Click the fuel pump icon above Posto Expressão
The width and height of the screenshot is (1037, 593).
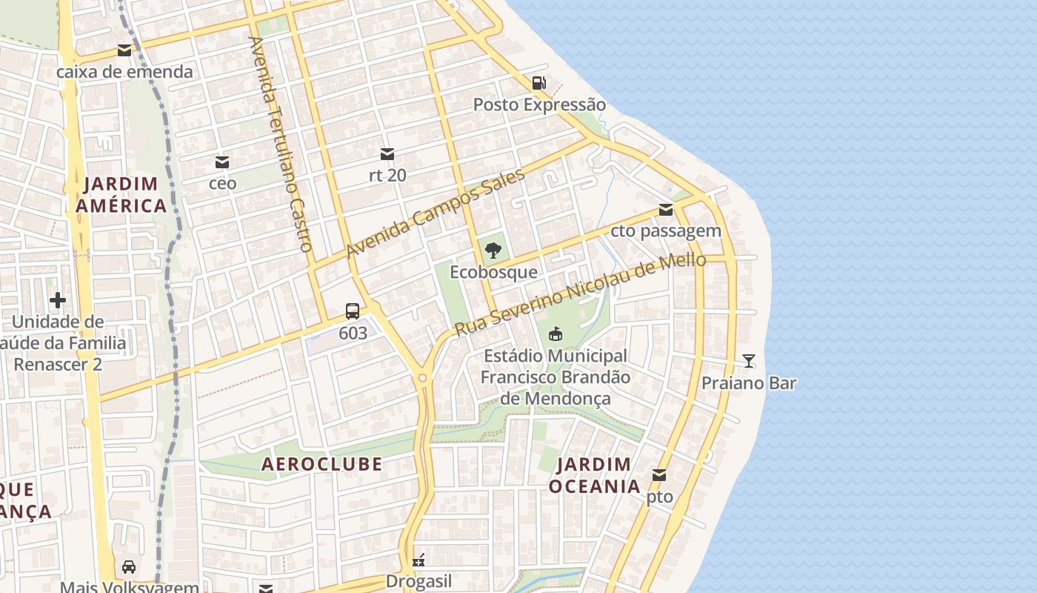pyautogui.click(x=539, y=83)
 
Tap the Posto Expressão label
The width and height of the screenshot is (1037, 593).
pyautogui.click(x=539, y=105)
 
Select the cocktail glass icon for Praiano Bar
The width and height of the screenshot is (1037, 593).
pyautogui.click(x=749, y=361)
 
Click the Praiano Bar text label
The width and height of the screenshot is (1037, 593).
pyautogui.click(x=749, y=383)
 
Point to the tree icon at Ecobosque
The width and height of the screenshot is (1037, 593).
pyautogui.click(x=493, y=251)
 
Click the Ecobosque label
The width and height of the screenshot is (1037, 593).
pyautogui.click(x=493, y=272)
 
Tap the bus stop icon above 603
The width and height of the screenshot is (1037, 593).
pyautogui.click(x=353, y=311)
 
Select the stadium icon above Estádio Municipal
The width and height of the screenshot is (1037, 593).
pyautogui.click(x=555, y=334)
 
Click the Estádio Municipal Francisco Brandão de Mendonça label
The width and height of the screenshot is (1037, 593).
pyautogui.click(x=556, y=377)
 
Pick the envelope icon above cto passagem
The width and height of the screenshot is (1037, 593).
pyautogui.click(x=666, y=210)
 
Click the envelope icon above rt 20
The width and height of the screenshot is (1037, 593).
pyautogui.click(x=387, y=154)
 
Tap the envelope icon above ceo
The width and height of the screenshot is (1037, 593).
pyautogui.click(x=222, y=162)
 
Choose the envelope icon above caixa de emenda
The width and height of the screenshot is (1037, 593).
pyautogui.click(x=124, y=50)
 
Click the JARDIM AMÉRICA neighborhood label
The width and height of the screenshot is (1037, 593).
pyautogui.click(x=121, y=195)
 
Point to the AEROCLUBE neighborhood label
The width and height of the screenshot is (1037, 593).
pyautogui.click(x=322, y=464)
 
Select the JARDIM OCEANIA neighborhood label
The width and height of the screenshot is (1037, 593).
pyautogui.click(x=594, y=475)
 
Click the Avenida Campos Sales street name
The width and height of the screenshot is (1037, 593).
pyautogui.click(x=435, y=213)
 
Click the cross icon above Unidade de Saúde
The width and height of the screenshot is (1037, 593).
pyautogui.click(x=58, y=300)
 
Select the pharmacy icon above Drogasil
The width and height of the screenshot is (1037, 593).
pyautogui.click(x=419, y=560)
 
